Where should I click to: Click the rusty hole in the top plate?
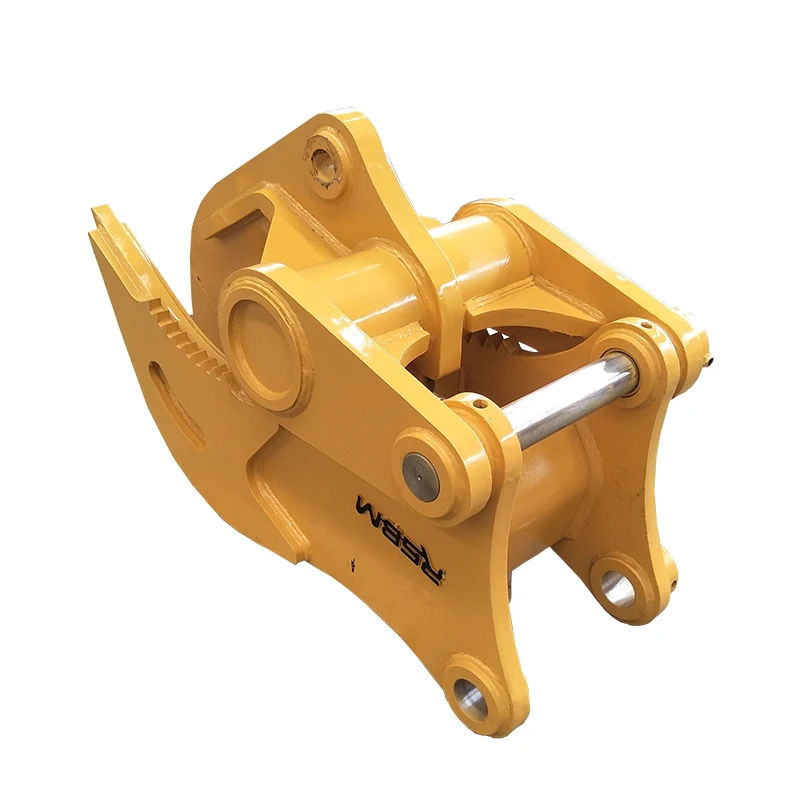(325, 161)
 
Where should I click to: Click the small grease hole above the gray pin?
(479, 405)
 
